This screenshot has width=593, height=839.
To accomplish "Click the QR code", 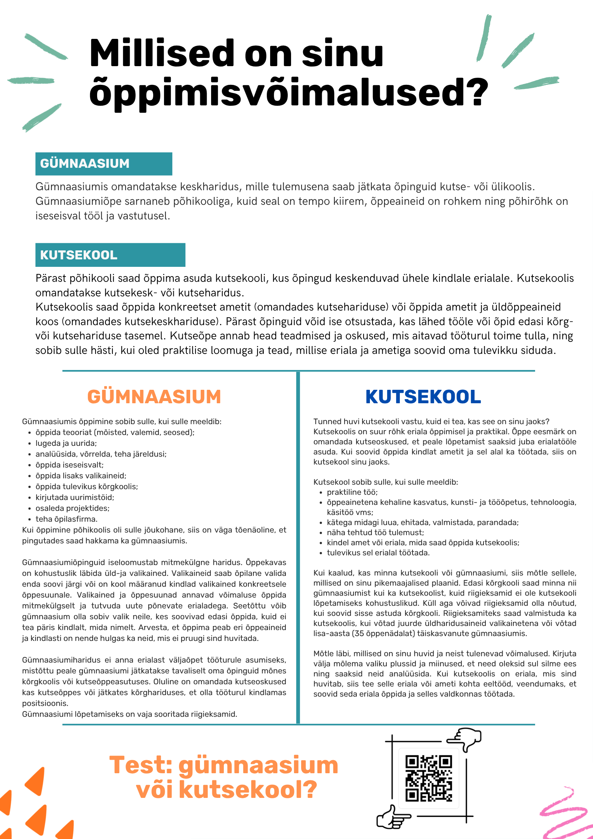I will (x=429, y=778).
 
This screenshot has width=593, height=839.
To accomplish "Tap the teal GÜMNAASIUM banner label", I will (x=85, y=164).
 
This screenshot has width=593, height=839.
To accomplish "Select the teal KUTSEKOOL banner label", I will (x=79, y=255).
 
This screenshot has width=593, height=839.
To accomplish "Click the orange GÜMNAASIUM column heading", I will (x=154, y=397).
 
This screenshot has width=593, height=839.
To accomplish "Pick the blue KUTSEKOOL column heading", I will (x=423, y=397).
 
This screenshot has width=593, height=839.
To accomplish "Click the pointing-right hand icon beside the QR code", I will (x=392, y=817).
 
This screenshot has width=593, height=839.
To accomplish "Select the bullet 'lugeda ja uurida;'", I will (x=66, y=443).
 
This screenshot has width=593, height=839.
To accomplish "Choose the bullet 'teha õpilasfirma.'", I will (x=67, y=519).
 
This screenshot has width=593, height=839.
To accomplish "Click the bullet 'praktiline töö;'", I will (x=352, y=492).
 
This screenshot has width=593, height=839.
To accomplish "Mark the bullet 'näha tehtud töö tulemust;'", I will (x=375, y=533).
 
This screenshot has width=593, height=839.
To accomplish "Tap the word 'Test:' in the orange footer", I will (x=141, y=765).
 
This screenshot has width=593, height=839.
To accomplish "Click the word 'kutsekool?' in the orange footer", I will (x=248, y=789).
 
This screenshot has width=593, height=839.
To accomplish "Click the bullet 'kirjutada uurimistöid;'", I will (x=75, y=497).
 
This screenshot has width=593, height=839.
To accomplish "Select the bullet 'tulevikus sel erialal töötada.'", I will (x=378, y=553).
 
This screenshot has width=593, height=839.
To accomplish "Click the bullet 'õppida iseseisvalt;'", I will (x=70, y=465).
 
